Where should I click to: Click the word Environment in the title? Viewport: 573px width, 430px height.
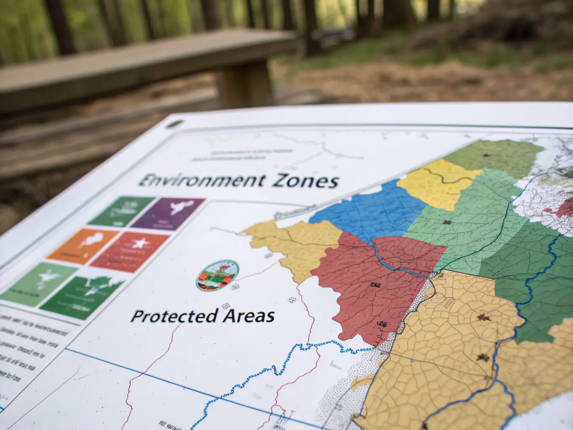[201, 181]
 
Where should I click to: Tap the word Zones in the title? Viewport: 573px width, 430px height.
[305, 181]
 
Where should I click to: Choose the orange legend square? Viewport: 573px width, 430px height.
[84, 246]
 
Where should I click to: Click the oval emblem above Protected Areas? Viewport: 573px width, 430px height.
[217, 275]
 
